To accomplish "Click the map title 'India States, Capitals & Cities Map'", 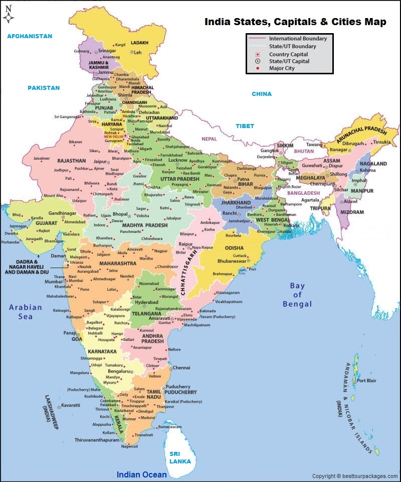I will (295, 22).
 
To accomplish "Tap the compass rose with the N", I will (8, 16).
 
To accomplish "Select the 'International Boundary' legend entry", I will (297, 39).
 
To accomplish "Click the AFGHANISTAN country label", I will (30, 37).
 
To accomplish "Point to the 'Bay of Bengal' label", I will (297, 295).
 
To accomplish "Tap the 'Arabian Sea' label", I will (28, 311).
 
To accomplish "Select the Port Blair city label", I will (366, 381).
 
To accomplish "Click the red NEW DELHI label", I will (113, 137).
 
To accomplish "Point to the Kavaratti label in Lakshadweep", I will (71, 405).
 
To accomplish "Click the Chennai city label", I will (181, 368).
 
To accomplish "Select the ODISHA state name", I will (234, 248).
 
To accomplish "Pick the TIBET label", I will (245, 126).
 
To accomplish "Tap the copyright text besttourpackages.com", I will (354, 476).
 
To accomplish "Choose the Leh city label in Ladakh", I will (137, 52).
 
